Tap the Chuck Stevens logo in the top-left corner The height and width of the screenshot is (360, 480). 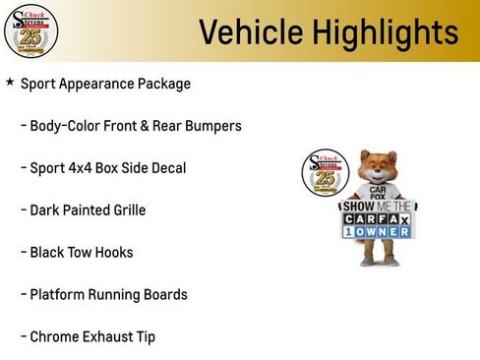30,30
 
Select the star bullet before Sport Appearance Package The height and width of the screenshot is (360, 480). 10,83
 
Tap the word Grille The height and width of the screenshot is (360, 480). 128,210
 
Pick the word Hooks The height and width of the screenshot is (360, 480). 114,253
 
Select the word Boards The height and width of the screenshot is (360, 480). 162,295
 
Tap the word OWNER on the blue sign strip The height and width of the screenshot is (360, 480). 384,231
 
